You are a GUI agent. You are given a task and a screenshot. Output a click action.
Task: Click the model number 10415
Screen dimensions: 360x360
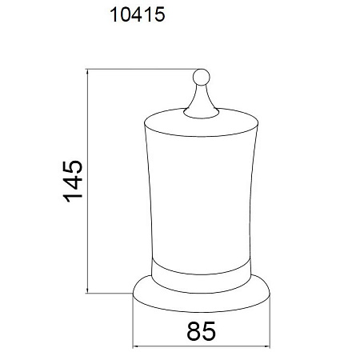(x=138, y=14)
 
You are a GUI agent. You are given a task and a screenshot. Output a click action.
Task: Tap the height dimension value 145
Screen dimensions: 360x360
(x=73, y=182)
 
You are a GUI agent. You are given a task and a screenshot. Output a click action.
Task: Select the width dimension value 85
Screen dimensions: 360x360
(x=201, y=331)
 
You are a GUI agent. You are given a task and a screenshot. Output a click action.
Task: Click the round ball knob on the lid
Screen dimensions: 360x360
(x=202, y=78)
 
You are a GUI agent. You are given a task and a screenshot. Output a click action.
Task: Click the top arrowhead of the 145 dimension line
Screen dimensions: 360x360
(x=87, y=71)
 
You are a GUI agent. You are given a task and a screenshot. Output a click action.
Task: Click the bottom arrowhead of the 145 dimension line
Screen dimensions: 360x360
(x=87, y=290)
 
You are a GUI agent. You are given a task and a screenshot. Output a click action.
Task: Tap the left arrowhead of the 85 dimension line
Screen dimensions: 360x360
(x=135, y=346)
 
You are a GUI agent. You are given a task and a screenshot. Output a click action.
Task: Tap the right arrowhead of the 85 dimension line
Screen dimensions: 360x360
(x=267, y=346)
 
